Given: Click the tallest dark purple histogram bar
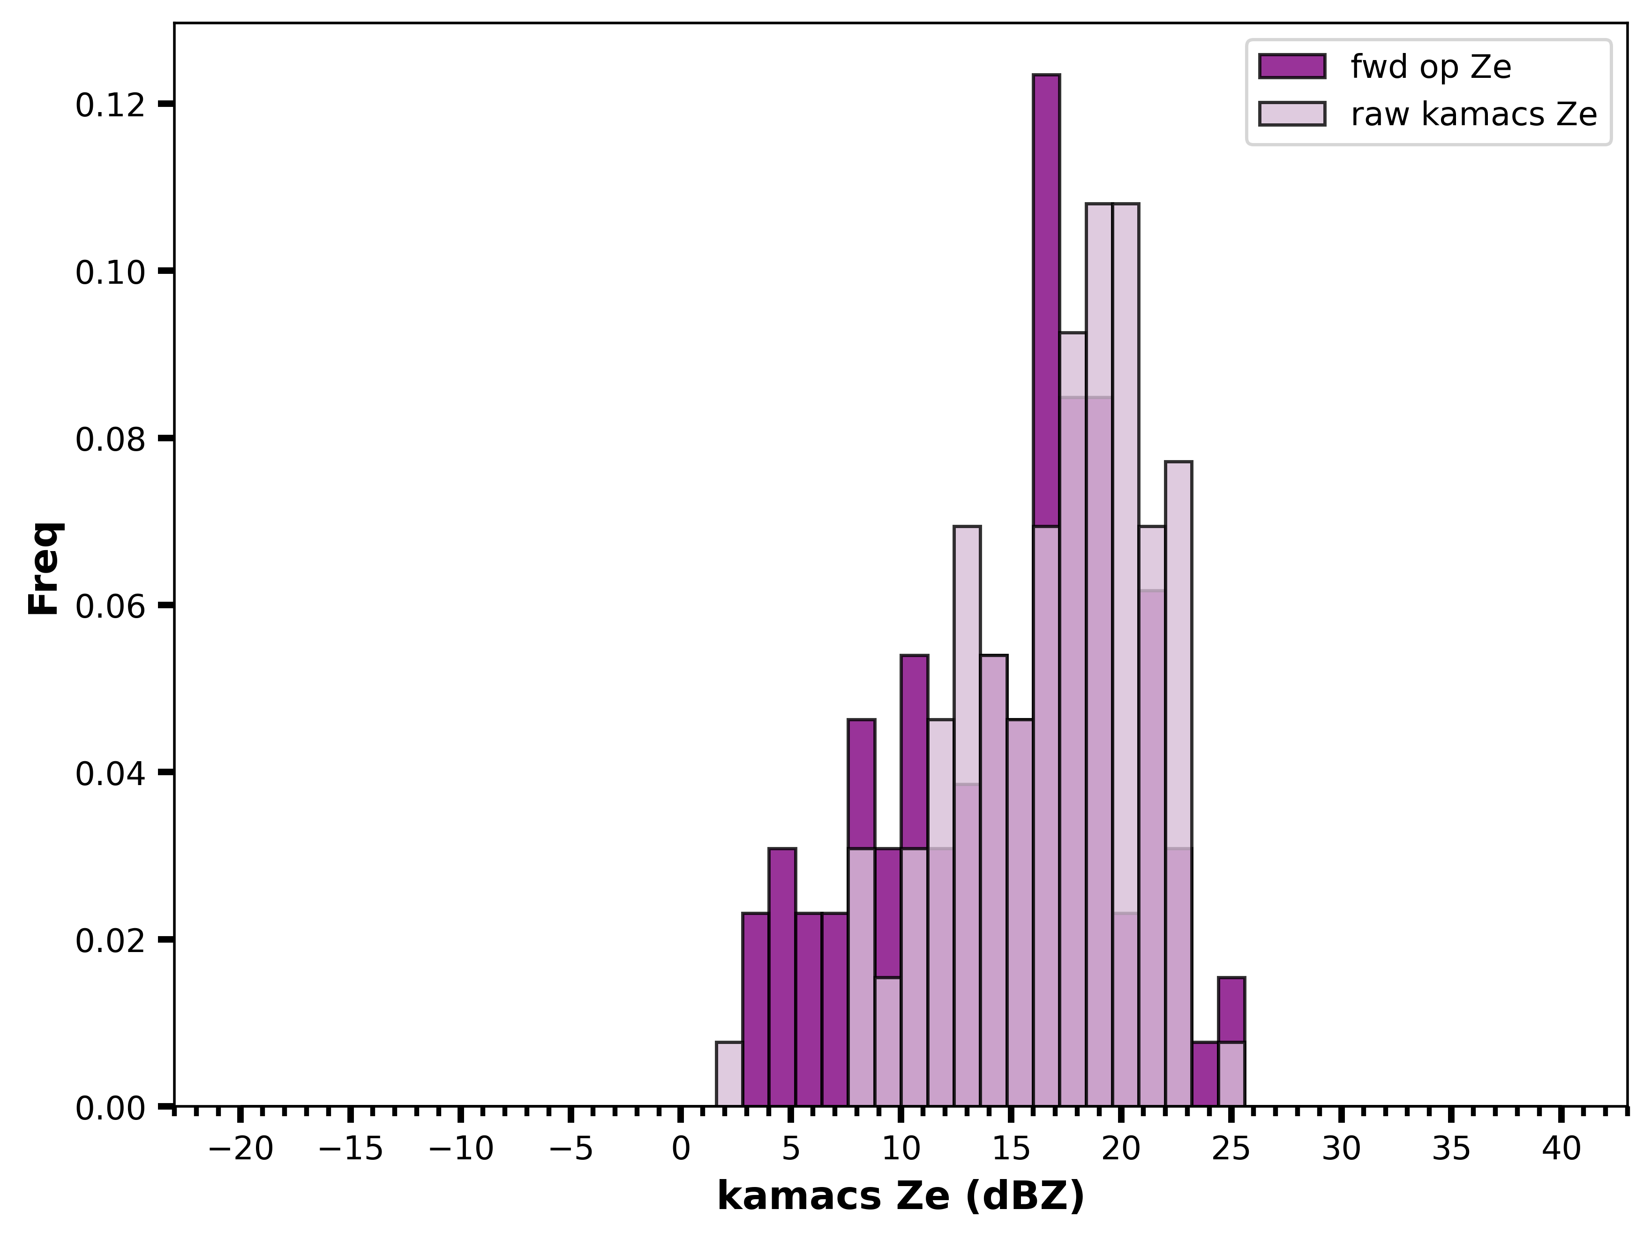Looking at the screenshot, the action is coord(1046,590).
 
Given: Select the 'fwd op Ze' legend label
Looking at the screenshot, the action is coord(1431,67).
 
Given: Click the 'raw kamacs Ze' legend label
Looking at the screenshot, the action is coord(1474,114).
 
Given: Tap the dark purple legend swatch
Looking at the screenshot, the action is coord(1292,67).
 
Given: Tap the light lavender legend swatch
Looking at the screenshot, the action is coord(1292,113).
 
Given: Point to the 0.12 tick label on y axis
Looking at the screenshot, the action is coord(110,105).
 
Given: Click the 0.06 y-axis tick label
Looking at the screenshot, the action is coord(110,605).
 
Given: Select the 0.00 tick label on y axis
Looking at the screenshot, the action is coord(110,1107).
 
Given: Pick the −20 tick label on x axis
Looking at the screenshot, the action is coord(240,1149).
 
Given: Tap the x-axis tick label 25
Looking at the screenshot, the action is coord(1231,1149).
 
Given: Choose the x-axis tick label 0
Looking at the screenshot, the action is coord(681,1149).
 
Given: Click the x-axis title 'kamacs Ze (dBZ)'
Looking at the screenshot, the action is coord(901,1197).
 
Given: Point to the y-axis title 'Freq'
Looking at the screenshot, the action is coord(45,568).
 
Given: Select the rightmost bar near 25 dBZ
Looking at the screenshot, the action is coord(1231,1042).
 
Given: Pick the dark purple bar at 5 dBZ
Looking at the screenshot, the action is coord(782,977).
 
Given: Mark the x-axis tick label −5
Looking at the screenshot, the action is coord(571,1149).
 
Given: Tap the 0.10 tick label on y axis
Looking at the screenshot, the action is coord(110,272).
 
